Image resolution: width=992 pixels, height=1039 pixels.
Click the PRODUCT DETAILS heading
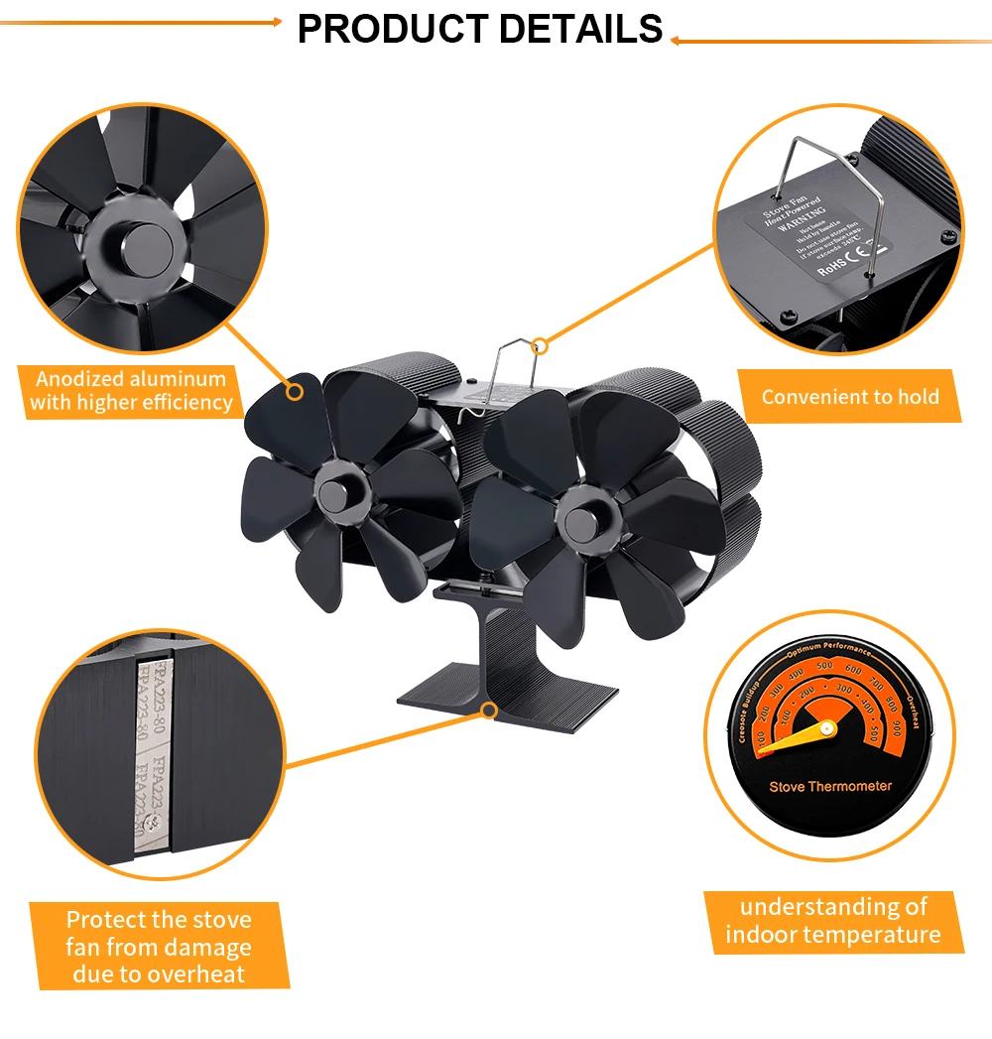pos(480,29)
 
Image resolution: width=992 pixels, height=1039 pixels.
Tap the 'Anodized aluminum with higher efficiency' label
pos(131,391)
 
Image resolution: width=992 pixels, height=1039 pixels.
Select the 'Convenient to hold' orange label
pos(849,397)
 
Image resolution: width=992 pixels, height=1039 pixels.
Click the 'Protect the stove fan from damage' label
pos(159,947)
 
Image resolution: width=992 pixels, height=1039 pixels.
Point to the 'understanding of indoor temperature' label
pos(832,921)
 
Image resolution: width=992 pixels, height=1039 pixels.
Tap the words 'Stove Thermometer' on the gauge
pos(830,787)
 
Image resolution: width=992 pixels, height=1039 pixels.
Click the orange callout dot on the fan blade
pos(295,391)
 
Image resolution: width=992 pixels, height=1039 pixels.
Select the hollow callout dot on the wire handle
pos(540,346)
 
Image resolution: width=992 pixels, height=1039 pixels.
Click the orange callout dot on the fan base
pos(488,709)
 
